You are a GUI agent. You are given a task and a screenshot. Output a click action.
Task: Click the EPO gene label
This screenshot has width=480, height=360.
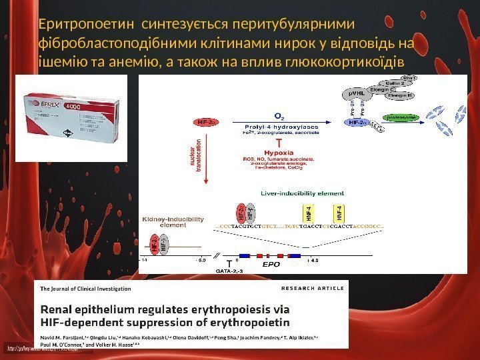pos(271,264)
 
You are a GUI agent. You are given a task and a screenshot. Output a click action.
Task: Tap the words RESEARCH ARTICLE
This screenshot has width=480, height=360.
pos(313,289)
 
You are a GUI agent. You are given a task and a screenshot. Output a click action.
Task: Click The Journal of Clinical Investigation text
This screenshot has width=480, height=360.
pos(87,289)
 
